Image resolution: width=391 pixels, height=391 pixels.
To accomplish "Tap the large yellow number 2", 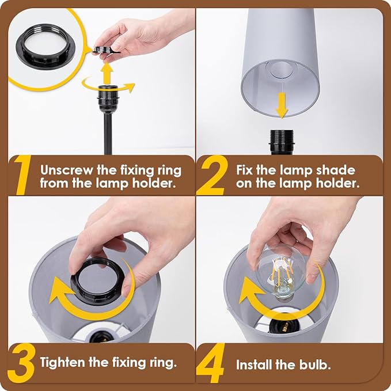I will click(x=211, y=176).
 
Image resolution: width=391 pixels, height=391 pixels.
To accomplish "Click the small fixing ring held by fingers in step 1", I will click(x=104, y=50).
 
